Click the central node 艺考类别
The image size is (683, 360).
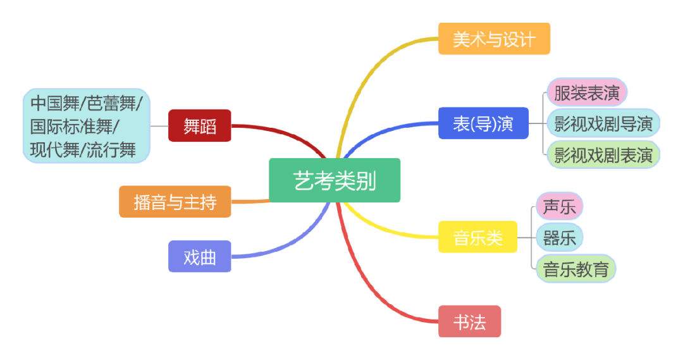tap(335, 180)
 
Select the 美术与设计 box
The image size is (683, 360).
tap(494, 39)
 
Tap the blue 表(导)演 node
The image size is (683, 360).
tap(483, 123)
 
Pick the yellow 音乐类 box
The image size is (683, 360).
tap(477, 237)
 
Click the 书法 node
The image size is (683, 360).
tap(469, 321)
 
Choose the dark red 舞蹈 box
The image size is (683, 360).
tap(200, 125)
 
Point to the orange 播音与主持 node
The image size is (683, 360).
tap(175, 202)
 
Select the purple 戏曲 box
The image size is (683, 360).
tap(200, 256)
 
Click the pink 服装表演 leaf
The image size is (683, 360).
tap(586, 92)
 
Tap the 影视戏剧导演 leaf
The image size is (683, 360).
tap(603, 123)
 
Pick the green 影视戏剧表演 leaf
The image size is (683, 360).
tap(603, 155)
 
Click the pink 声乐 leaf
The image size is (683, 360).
tap(559, 206)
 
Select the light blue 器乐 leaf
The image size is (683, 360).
tap(559, 238)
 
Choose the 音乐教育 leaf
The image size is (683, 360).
tap(575, 269)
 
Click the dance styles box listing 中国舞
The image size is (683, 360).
tap(87, 125)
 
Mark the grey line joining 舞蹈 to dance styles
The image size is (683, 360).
tap(159, 125)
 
